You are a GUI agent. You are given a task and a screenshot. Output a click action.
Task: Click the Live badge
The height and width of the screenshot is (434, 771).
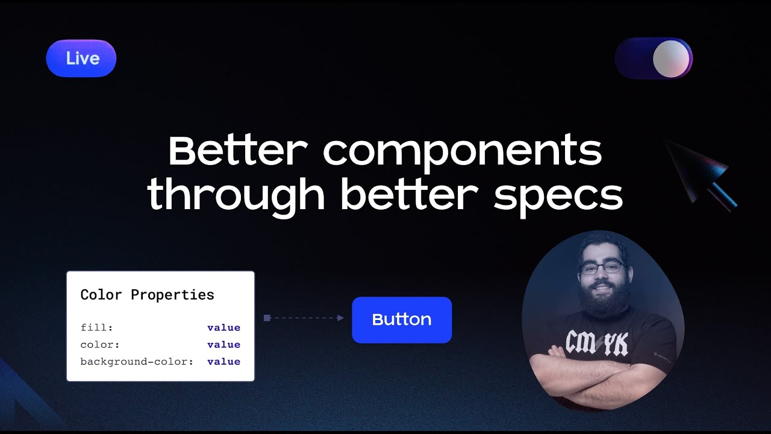(81, 58)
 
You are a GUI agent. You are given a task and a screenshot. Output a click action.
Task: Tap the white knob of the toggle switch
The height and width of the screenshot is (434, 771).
(671, 58)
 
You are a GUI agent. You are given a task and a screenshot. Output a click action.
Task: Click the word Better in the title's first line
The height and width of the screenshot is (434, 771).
(238, 151)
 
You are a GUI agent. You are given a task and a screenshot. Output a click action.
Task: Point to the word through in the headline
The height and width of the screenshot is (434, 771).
(236, 196)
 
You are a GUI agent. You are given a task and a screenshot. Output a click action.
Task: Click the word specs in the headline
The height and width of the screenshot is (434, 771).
(558, 199)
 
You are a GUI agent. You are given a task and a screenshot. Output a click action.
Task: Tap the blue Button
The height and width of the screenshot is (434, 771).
(402, 319)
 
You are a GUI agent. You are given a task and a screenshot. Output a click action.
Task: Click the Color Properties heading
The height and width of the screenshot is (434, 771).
(148, 295)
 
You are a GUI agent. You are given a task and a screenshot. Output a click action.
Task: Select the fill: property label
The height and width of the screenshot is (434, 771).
(97, 327)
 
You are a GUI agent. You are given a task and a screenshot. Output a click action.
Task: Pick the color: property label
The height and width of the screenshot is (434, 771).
(100, 344)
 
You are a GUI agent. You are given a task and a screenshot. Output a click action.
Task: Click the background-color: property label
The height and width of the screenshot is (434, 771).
(137, 361)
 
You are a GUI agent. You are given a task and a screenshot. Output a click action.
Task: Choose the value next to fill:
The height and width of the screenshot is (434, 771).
(223, 327)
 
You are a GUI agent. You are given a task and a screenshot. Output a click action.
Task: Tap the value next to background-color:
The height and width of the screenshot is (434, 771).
(223, 361)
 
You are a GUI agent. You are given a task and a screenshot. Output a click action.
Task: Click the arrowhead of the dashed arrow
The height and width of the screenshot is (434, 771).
(340, 318)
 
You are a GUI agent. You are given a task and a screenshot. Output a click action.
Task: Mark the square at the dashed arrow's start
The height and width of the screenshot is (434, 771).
(267, 318)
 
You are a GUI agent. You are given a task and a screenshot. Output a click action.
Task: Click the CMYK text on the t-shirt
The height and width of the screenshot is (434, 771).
(596, 343)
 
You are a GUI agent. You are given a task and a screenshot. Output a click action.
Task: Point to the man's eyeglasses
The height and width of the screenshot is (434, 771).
(602, 268)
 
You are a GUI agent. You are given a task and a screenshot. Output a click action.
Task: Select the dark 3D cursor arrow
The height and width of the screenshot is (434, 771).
(701, 175)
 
